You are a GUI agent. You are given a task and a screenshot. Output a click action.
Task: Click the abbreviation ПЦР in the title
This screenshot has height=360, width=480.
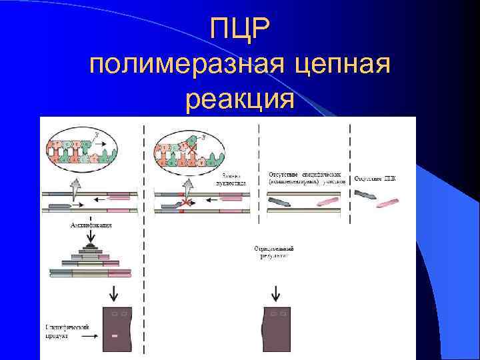tap(239, 27)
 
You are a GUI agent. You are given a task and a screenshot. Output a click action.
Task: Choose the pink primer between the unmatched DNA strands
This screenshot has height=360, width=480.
tap(327, 201)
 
